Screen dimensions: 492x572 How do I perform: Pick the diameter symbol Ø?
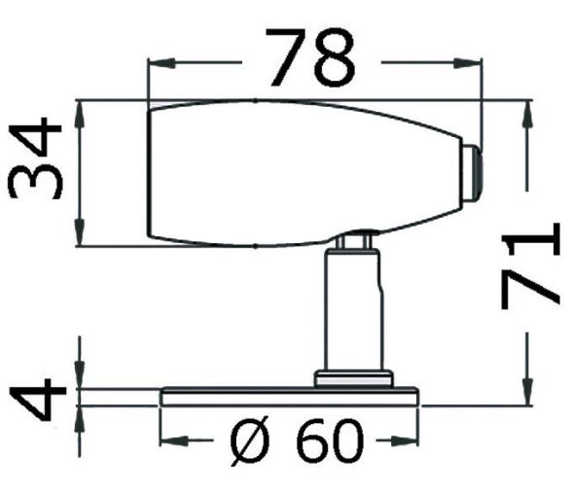[251, 444]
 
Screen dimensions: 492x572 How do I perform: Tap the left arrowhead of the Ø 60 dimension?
[168, 442]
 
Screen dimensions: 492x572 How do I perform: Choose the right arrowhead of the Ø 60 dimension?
[411, 442]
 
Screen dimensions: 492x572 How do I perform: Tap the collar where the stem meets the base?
[351, 377]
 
